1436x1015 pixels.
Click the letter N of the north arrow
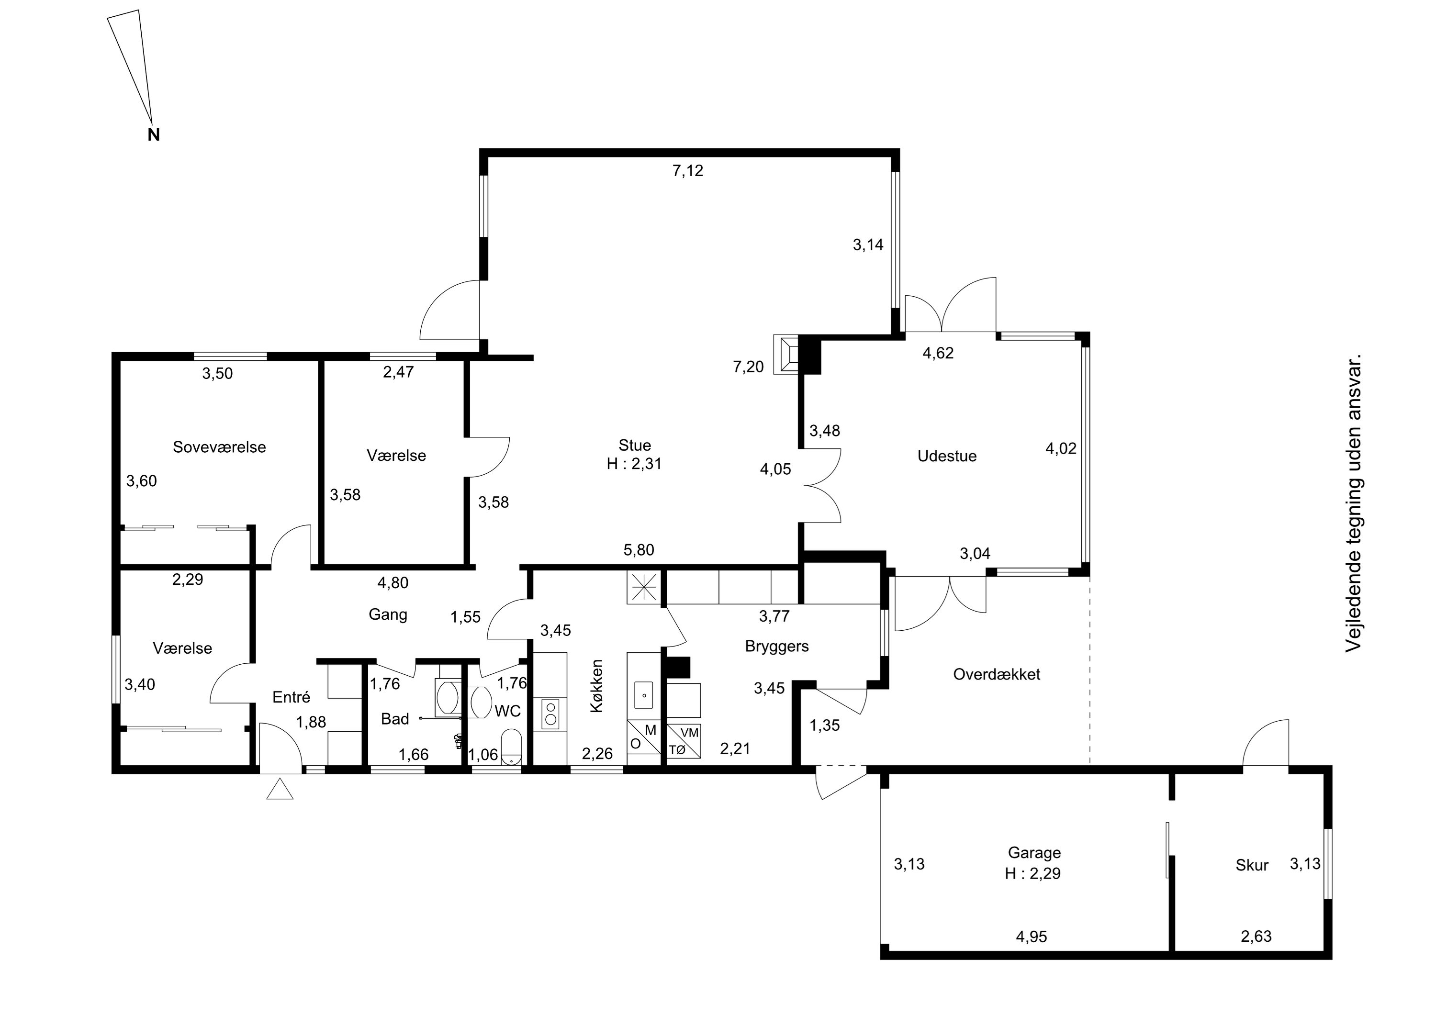[x=154, y=134]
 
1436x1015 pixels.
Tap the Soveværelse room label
[x=220, y=447]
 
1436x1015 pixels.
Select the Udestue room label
[x=947, y=456]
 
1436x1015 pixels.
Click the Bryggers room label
[x=777, y=647]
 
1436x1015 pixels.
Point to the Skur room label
[x=1252, y=866]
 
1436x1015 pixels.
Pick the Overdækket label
[x=997, y=674]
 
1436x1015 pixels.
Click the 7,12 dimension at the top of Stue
[x=688, y=171]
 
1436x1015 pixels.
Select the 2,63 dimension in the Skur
[x=1256, y=936]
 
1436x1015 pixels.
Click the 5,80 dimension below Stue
[x=639, y=550]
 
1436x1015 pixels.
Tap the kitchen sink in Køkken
[x=644, y=695]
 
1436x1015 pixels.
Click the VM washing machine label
[x=689, y=732]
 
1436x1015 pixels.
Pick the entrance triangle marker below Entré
[x=280, y=789]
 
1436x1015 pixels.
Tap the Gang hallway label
[x=388, y=615]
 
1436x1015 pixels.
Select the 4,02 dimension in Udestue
[x=1061, y=448]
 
